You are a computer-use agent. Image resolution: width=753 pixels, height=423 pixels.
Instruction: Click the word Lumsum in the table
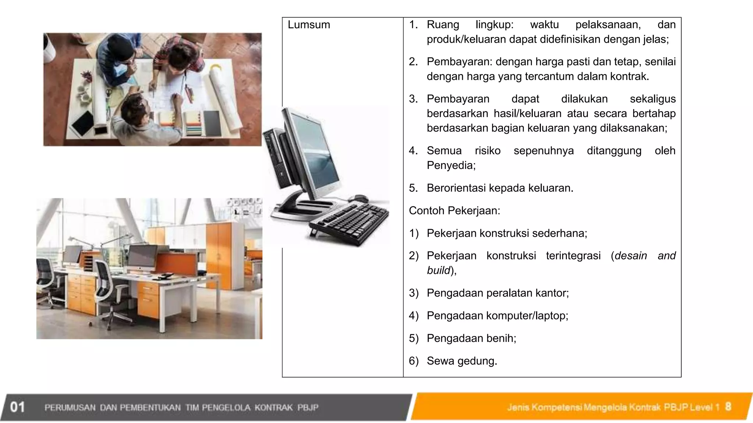coord(309,25)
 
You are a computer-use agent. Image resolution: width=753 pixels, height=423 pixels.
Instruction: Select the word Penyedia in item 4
coord(450,166)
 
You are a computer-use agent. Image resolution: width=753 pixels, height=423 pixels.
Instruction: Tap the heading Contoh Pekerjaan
coord(454,211)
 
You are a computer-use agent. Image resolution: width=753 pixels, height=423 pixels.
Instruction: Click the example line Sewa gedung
coord(462,361)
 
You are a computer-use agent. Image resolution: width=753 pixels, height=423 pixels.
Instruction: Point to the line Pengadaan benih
coord(471,338)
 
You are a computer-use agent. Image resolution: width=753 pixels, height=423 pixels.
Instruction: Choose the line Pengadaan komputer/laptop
coord(497,316)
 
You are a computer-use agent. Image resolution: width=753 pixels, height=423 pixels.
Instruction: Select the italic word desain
coord(631,256)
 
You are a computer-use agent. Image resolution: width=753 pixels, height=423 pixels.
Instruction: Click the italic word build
coord(439,271)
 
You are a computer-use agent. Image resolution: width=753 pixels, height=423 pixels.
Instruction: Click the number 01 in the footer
coord(17,407)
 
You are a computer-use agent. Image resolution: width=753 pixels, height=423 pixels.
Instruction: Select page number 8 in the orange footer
coord(728,406)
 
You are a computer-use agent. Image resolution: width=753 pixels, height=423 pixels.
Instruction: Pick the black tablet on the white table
coord(83,122)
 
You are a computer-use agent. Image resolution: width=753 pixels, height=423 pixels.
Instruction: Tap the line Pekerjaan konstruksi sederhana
coord(507,233)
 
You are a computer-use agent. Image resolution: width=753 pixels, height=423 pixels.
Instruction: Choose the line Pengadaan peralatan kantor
coord(497,293)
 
